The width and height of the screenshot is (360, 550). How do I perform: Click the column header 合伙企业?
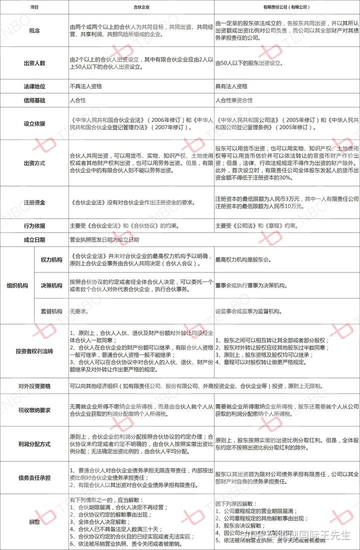142,7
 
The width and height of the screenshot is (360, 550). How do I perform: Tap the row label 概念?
34,30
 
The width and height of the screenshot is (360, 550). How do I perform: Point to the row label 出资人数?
34,63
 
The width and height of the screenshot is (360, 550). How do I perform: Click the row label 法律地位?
34,86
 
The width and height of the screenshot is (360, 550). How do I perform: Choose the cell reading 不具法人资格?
86,86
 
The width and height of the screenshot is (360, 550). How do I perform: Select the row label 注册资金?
34,202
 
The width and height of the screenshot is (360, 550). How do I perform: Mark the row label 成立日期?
34,239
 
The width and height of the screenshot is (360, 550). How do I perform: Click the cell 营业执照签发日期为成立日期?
104,239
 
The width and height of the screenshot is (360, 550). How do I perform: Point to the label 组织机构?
17,285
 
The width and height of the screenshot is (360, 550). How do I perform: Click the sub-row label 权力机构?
51,260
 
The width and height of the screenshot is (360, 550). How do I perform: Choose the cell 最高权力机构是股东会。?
243,260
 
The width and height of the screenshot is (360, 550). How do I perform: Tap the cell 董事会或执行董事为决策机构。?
250,285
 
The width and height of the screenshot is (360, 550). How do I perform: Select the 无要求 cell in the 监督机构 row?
78,311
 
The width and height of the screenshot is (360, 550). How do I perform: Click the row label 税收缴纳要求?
34,410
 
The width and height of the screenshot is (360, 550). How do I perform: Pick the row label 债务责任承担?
34,477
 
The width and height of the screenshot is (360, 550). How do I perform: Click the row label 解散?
34,521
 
